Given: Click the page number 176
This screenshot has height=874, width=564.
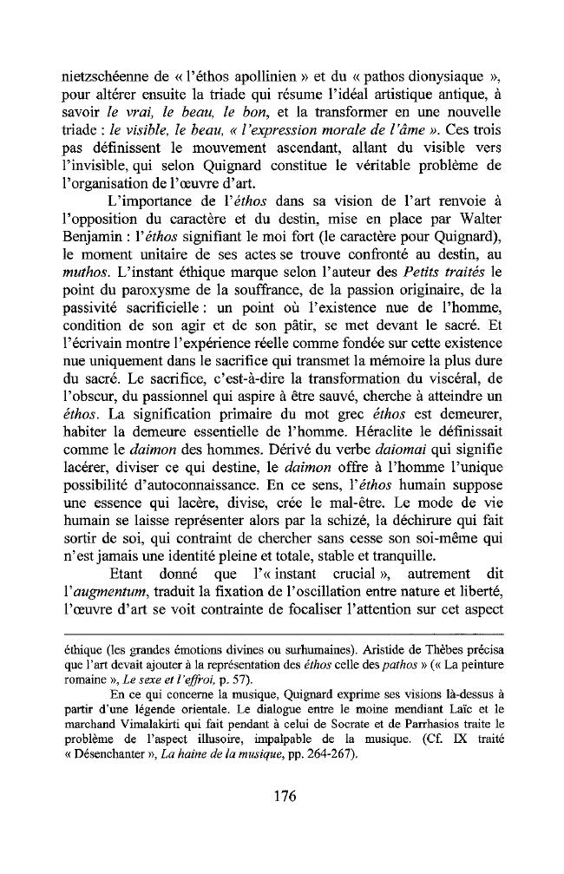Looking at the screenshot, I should point(282,798).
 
